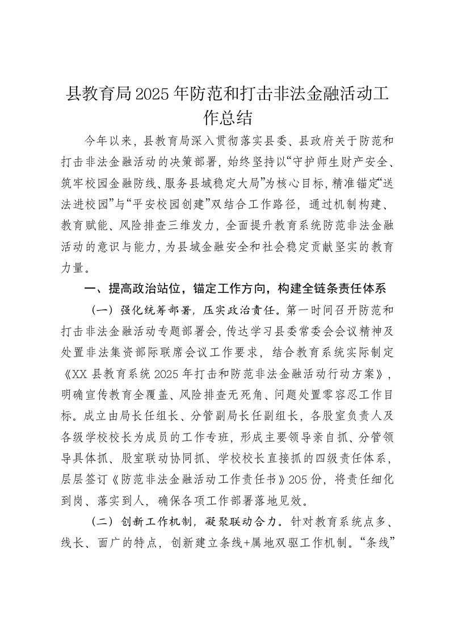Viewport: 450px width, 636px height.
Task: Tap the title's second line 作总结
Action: pyautogui.click(x=225, y=117)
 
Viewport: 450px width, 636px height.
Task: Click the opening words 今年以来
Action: pyautogui.click(x=111, y=140)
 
